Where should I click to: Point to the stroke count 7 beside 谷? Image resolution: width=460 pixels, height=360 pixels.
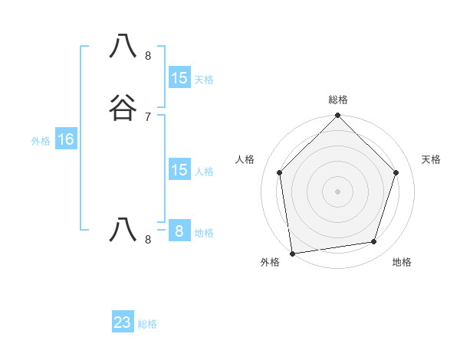coord(148,116)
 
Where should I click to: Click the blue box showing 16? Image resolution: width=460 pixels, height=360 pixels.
coord(66,139)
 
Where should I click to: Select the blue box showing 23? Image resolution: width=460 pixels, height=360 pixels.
coord(123,322)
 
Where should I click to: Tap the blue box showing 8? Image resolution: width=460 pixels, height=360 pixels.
coord(179,231)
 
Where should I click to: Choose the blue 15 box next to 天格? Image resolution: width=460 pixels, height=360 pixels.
coord(179,78)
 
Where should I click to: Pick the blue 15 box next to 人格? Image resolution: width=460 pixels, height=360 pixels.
coord(179,170)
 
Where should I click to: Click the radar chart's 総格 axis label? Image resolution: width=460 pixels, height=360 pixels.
coord(338,100)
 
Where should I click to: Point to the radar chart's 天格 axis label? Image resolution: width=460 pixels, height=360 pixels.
coord(432,159)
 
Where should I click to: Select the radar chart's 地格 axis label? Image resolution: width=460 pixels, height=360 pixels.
coord(402,262)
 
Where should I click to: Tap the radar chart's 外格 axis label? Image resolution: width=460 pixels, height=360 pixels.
coord(270,262)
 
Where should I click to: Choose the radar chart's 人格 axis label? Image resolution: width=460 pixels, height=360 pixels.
coord(245,159)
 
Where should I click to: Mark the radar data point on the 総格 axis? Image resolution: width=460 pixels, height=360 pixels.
coord(338,116)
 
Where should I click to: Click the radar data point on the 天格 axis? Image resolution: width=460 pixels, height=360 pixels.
coord(396,172)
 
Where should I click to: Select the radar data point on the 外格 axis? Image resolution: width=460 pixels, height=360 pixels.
coord(292,253)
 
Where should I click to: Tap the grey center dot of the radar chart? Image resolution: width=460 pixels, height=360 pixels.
coord(338,191)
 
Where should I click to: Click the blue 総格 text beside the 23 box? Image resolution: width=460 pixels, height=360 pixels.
coord(147,324)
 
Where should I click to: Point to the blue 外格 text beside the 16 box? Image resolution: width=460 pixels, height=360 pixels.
coord(41,141)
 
